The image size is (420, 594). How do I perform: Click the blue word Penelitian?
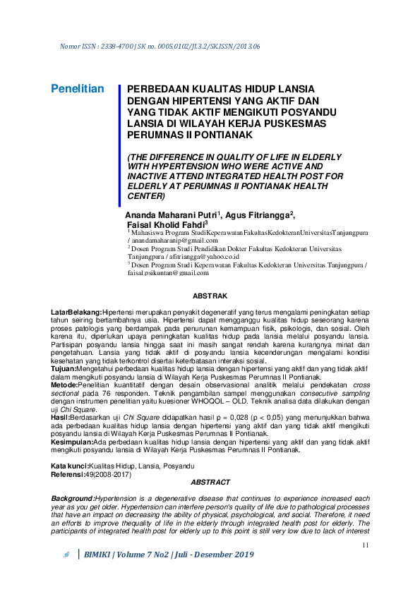[x=78, y=89]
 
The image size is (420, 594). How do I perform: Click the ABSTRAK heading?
[x=210, y=296]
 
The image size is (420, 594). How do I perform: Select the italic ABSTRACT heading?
[x=210, y=482]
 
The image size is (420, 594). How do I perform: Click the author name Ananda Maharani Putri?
[x=172, y=214]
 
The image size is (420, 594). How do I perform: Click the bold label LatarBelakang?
[x=76, y=311]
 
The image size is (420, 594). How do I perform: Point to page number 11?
[x=365, y=545]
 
